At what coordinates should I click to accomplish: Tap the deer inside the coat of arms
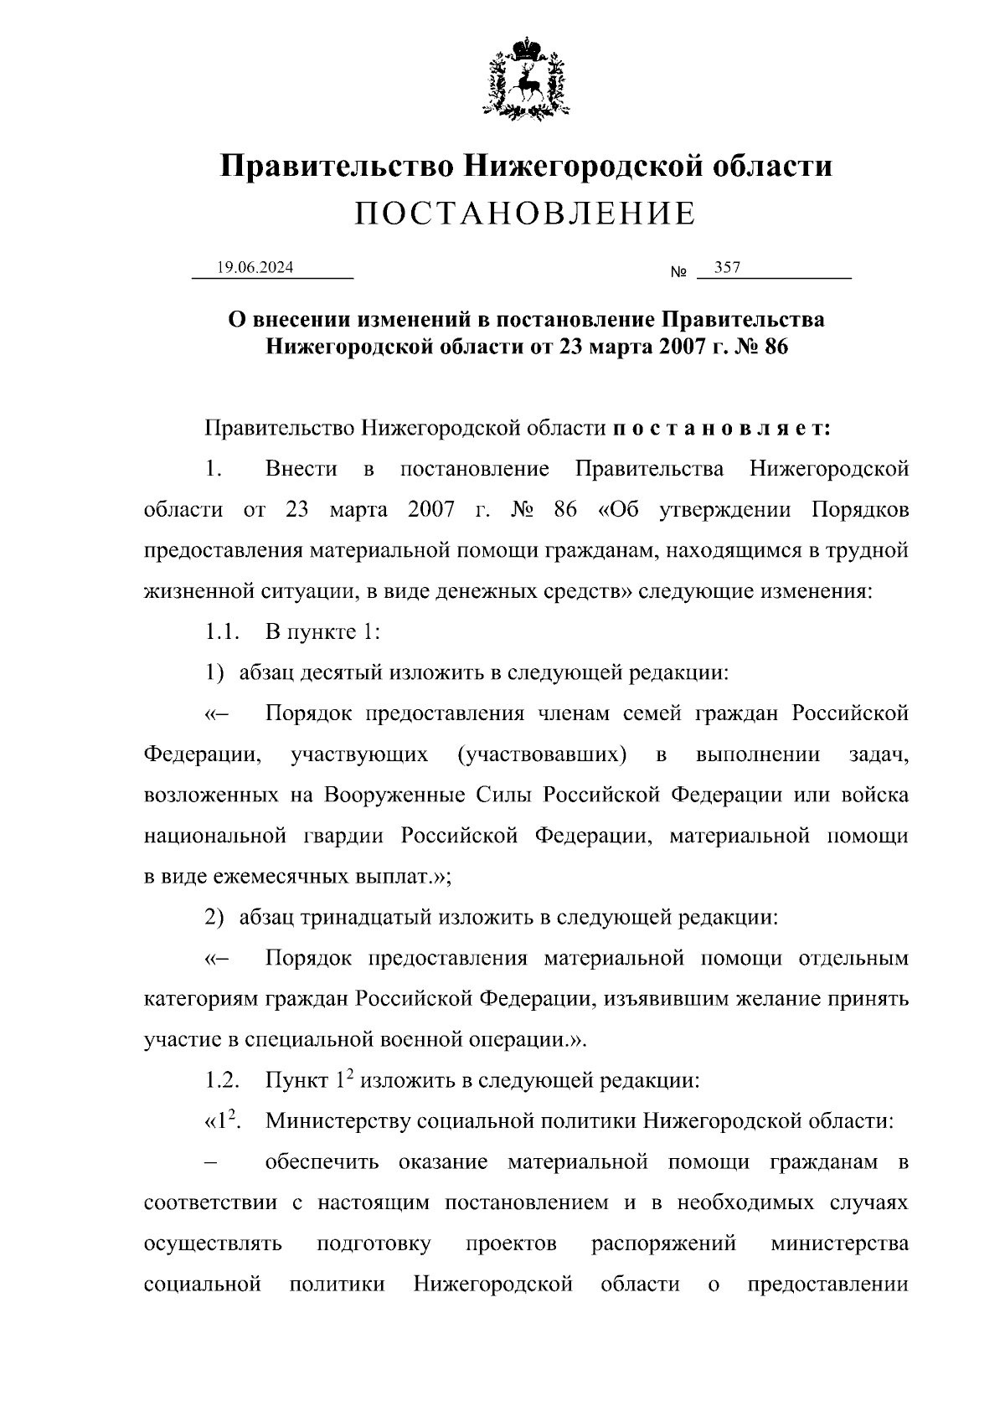(526, 80)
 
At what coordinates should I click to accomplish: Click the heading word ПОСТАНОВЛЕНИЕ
(525, 214)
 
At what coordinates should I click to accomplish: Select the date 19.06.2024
(255, 268)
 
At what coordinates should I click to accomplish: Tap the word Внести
(301, 469)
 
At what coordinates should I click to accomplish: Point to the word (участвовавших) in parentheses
(543, 754)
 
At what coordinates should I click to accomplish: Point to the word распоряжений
(663, 1243)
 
